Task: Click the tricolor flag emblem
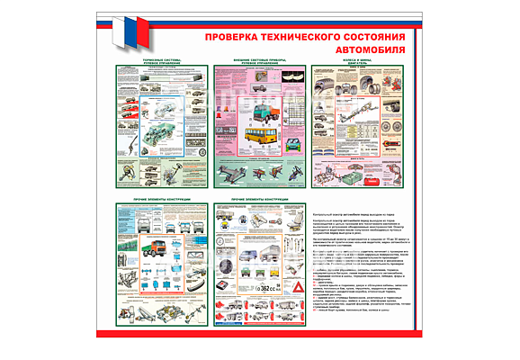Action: point(133,32)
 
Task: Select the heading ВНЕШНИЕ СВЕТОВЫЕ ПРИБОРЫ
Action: point(256,61)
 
